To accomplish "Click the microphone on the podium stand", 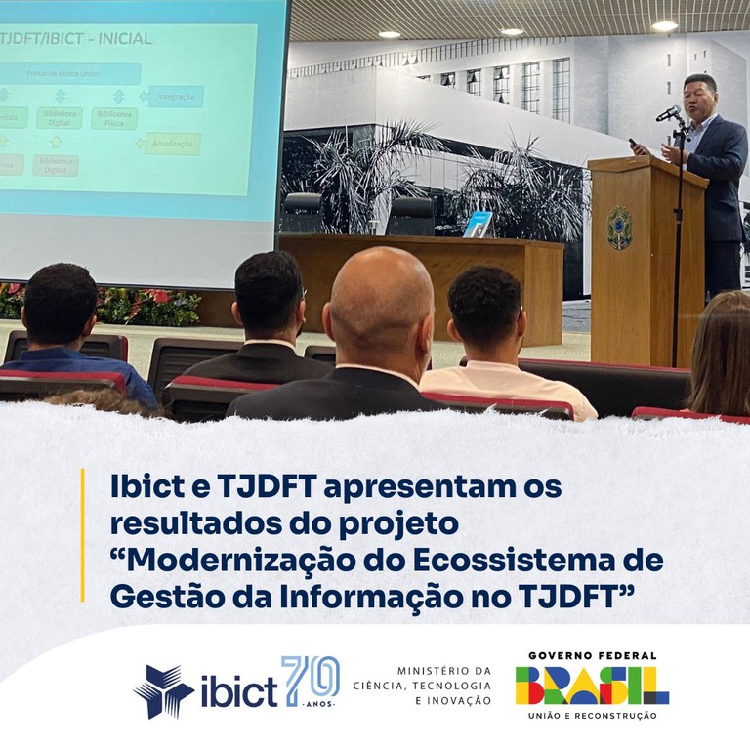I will [x=670, y=113].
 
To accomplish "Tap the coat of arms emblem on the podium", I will [x=619, y=228].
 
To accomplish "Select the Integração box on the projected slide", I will [x=176, y=97].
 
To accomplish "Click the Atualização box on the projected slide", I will [x=172, y=144].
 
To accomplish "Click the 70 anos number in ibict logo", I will [x=311, y=681].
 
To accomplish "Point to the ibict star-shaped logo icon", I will [x=163, y=690].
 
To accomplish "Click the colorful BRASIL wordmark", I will [x=592, y=687].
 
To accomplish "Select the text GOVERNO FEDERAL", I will [x=592, y=656].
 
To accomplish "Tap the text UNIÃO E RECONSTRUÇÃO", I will [x=592, y=716].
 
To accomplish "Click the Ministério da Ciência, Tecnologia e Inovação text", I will [x=445, y=686].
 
